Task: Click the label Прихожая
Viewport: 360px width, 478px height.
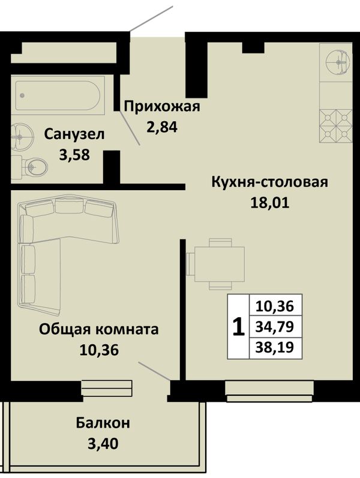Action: click(162, 107)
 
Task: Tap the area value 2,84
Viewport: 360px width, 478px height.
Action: click(161, 127)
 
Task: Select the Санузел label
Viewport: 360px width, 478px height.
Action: click(74, 134)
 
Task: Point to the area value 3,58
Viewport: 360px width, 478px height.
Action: click(74, 155)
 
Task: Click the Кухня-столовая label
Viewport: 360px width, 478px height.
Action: click(269, 182)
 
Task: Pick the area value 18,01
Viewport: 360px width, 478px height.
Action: click(269, 203)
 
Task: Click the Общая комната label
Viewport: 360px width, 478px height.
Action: click(99, 329)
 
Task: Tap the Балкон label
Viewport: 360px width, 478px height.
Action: click(103, 423)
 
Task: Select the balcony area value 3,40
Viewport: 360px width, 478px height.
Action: click(103, 444)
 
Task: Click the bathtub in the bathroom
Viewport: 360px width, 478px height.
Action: click(58, 95)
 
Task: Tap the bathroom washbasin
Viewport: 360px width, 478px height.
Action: click(22, 137)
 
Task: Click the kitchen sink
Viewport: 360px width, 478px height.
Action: click(338, 62)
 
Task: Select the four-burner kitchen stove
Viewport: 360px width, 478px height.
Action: click(336, 126)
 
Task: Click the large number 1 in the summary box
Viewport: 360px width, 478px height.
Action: click(238, 326)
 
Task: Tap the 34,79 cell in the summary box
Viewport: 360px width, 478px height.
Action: click(275, 326)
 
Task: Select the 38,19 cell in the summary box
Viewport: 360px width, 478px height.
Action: click(275, 347)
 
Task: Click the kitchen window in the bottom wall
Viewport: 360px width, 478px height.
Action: click(269, 391)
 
